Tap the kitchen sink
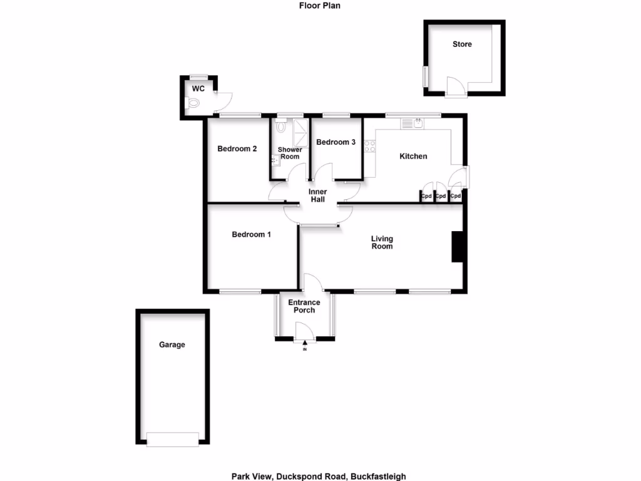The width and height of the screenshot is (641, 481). (x=418, y=123)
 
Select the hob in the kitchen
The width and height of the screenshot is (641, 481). (x=369, y=147)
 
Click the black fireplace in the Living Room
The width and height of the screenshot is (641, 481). (x=457, y=246)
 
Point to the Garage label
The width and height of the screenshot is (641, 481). (x=172, y=344)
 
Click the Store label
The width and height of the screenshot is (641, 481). (x=462, y=44)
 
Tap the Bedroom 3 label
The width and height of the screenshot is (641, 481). (x=336, y=142)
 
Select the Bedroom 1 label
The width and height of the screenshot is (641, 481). (x=251, y=235)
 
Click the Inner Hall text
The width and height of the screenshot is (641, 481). (x=317, y=195)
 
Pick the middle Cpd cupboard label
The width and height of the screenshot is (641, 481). (x=441, y=197)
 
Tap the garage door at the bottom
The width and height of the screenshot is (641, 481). (x=173, y=440)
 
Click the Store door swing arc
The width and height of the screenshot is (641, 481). (x=455, y=86)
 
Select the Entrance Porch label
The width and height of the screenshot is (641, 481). (x=304, y=306)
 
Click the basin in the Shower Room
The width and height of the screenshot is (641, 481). (x=275, y=161)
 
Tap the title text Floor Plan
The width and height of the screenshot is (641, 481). (x=319, y=6)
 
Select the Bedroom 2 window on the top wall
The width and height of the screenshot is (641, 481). (x=240, y=115)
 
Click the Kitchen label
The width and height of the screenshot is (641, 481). (x=413, y=156)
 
